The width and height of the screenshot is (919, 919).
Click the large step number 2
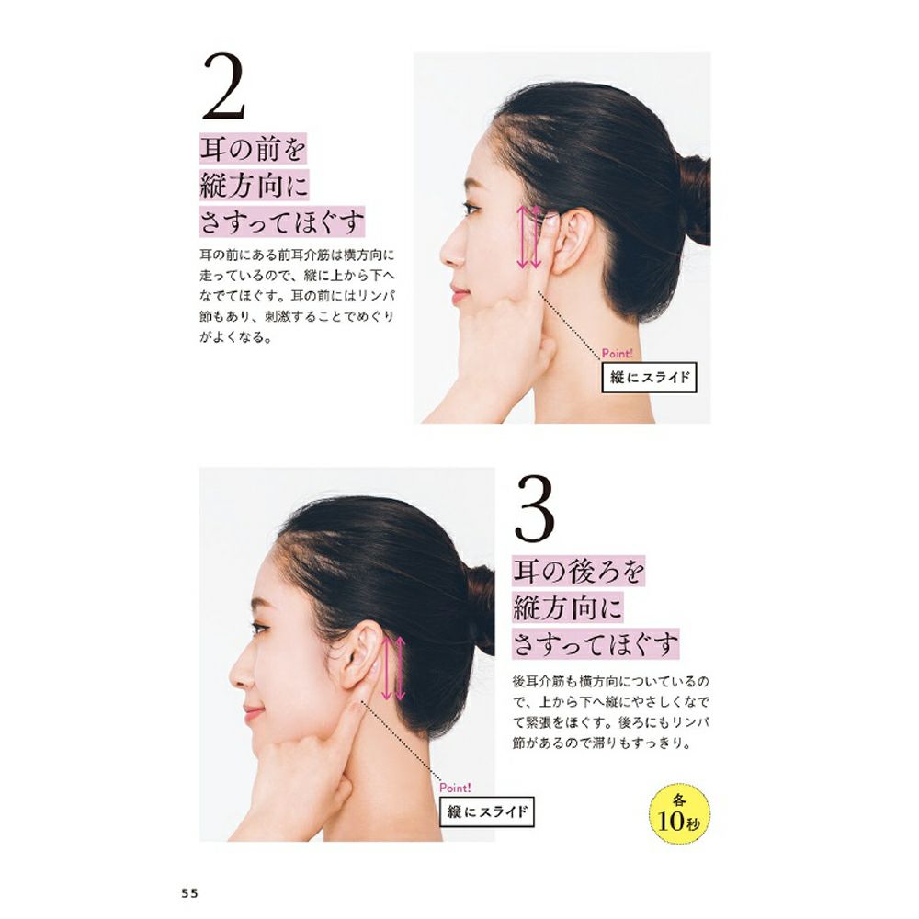[224, 86]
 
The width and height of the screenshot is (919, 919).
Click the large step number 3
[535, 508]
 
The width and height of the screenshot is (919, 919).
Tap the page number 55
[190, 893]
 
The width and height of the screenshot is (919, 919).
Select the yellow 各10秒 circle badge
[679, 814]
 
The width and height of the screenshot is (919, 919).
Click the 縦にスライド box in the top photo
[650, 378]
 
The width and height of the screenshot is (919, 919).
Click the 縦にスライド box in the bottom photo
[487, 811]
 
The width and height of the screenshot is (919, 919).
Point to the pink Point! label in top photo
[618, 354]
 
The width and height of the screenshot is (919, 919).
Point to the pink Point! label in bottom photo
[456, 788]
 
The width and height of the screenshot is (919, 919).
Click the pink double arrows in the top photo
[528, 237]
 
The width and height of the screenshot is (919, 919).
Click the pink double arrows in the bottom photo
[393, 668]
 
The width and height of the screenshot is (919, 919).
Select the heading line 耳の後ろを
[578, 572]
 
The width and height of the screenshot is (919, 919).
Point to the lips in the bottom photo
[253, 713]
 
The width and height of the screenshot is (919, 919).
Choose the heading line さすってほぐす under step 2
[282, 221]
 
